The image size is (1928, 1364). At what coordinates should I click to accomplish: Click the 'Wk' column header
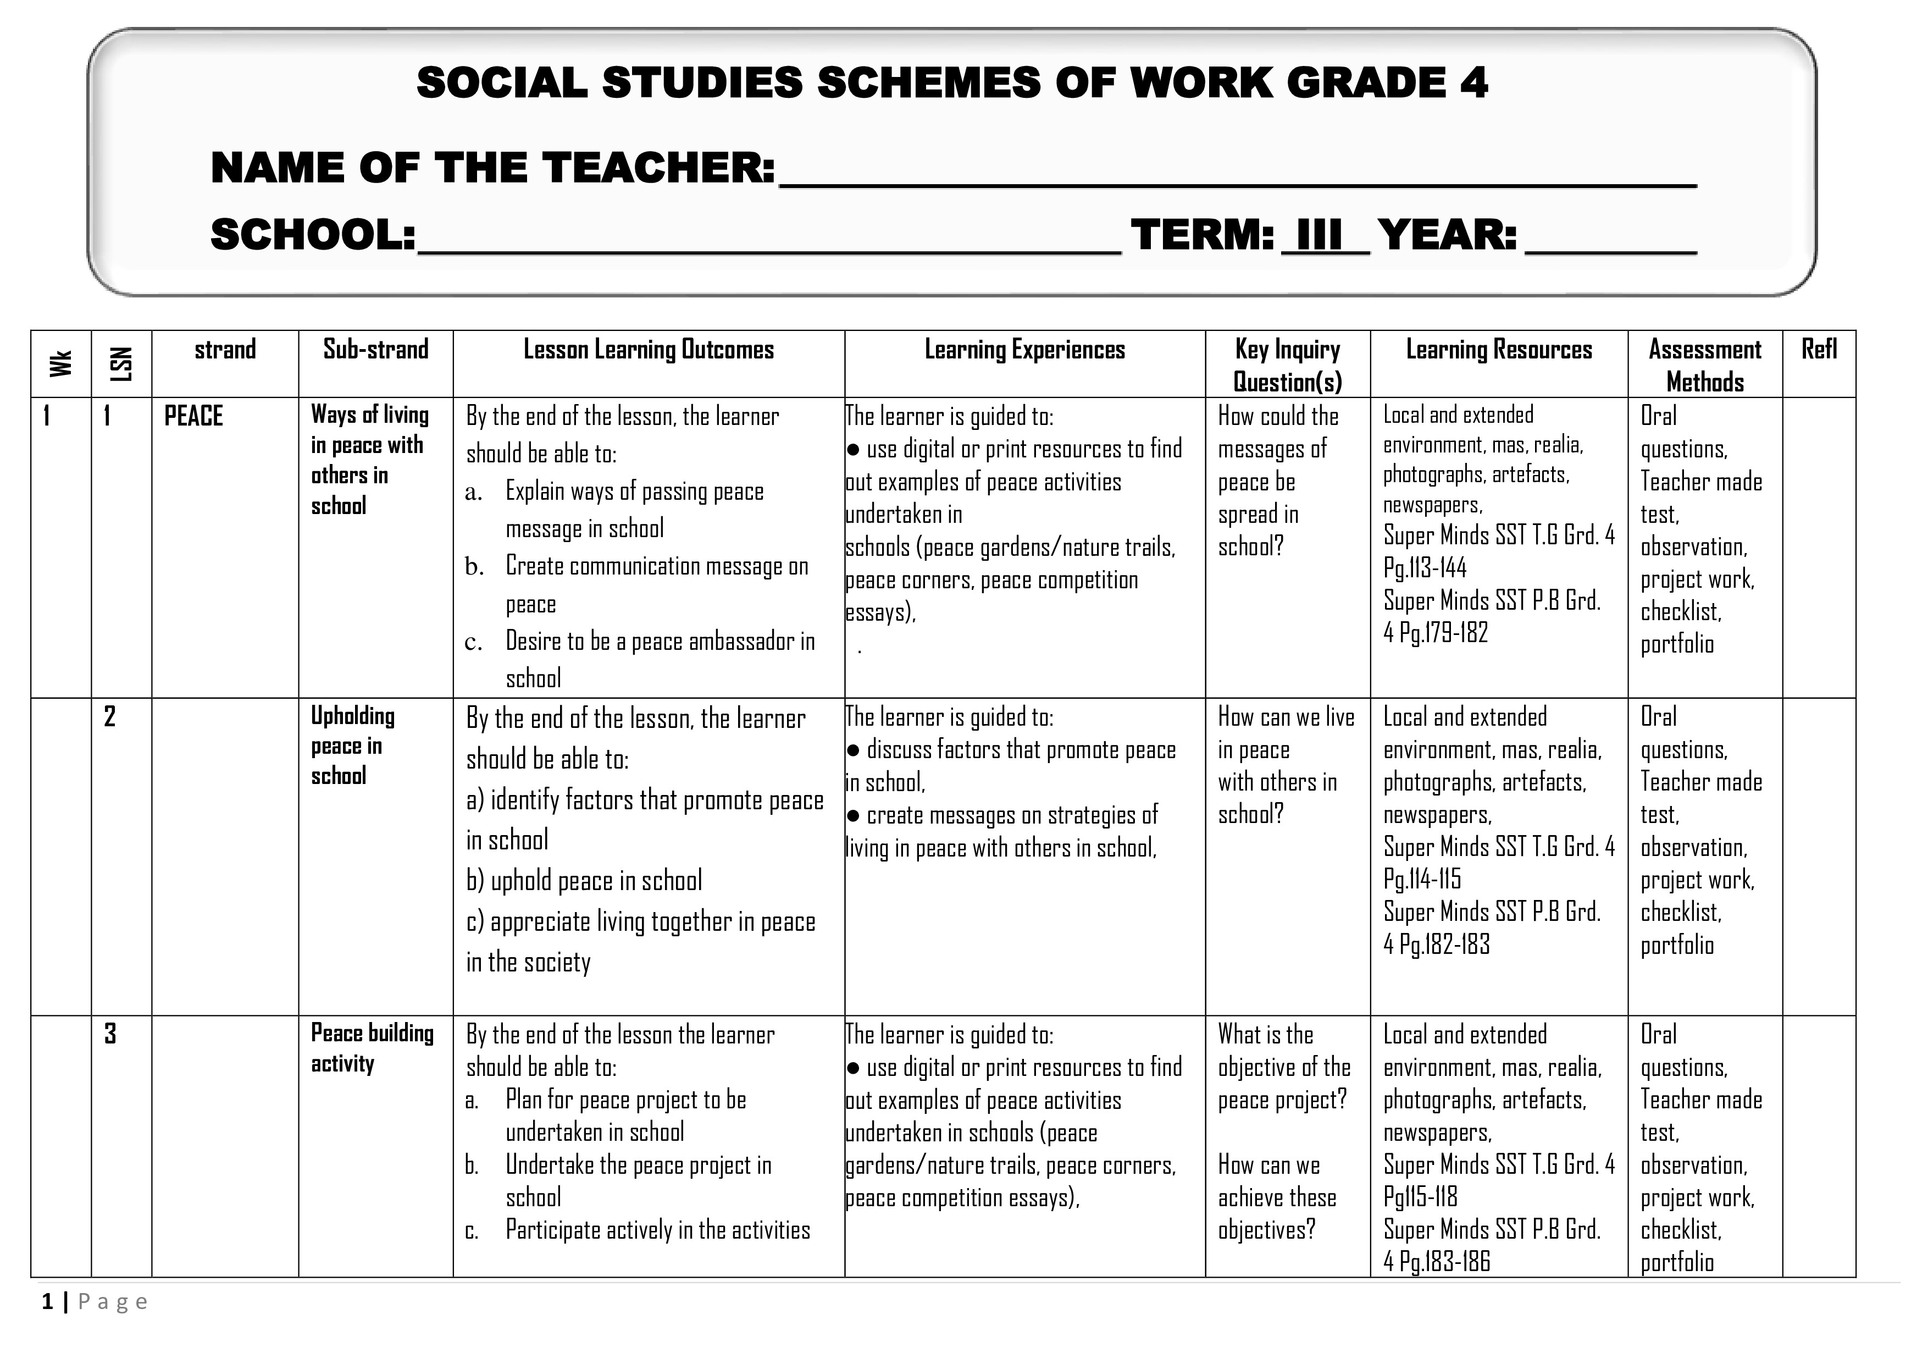tap(60, 363)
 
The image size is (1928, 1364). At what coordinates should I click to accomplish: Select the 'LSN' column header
tap(122, 363)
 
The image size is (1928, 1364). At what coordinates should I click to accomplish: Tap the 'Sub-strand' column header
tap(375, 350)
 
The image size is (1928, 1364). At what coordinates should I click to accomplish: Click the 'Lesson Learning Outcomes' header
tap(649, 350)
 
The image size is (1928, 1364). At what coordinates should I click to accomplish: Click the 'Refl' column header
tap(1819, 350)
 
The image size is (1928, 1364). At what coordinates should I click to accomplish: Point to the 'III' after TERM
tap(1318, 235)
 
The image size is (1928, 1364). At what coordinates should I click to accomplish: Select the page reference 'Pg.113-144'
tap(1425, 568)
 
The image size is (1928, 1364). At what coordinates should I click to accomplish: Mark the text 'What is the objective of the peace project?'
tap(1284, 1067)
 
